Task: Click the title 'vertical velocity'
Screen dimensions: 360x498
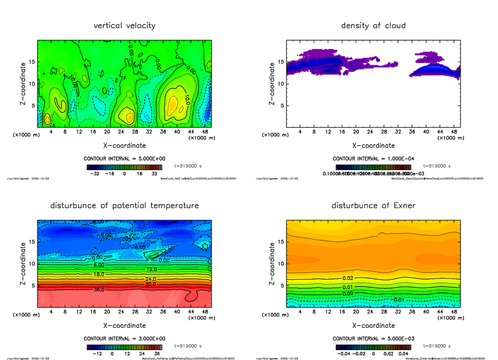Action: point(124,26)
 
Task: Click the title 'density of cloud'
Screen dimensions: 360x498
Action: point(373,26)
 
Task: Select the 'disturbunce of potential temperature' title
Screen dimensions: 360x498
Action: point(124,206)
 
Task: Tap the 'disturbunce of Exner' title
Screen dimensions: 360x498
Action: point(373,206)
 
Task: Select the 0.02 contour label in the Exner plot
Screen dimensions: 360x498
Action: point(348,278)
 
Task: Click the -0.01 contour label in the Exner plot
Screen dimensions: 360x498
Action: point(399,299)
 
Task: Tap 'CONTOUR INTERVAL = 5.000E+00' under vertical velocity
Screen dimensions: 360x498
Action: point(124,158)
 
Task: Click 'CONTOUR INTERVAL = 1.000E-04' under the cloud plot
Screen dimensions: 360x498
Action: point(373,158)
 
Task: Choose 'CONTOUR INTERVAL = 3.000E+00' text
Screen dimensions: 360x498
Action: point(124,338)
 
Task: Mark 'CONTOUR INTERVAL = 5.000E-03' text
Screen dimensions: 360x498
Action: point(373,338)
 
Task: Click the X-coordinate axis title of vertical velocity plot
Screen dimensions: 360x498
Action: point(124,146)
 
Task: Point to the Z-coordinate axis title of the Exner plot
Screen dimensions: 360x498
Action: point(272,263)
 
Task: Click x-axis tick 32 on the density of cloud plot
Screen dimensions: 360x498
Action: point(398,131)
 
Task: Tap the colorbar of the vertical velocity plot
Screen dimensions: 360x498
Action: point(124,167)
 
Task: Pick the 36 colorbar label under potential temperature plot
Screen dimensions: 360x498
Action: point(157,354)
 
